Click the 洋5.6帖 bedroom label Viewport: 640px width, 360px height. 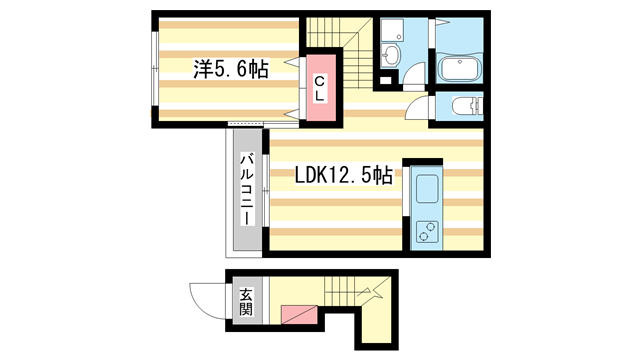(x=230, y=69)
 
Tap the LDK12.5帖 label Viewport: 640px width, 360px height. (x=342, y=175)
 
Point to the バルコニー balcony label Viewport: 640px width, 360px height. (x=246, y=195)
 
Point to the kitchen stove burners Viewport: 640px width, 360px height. (x=428, y=232)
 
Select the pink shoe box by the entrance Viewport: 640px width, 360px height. (x=301, y=314)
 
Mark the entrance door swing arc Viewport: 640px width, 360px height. (x=205, y=296)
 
